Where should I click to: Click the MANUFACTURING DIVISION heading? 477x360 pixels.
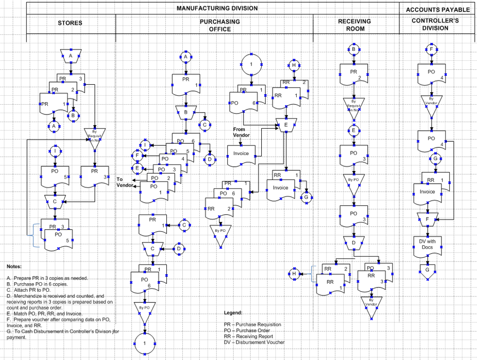pos(217,8)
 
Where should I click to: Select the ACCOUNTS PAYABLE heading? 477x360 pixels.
pos(437,9)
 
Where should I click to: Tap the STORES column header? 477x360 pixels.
pos(70,23)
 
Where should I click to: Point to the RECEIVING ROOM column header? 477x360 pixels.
pos(354,25)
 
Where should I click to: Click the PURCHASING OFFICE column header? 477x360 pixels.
pos(219,25)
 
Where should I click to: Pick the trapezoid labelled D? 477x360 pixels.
pos(354,243)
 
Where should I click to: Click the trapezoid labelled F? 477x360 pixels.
pos(428,218)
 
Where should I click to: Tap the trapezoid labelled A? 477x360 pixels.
pos(71,56)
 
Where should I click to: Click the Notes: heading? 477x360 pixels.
pos(14,266)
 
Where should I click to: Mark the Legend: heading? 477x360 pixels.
pos(234,312)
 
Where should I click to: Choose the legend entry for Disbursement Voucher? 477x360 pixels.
pos(254,343)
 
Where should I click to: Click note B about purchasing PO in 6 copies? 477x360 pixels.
pos(37,284)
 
